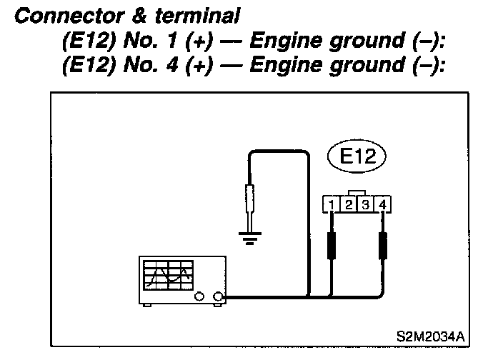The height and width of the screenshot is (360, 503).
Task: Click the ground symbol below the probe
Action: click(x=249, y=237)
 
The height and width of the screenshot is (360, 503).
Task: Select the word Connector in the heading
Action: click(x=49, y=16)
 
